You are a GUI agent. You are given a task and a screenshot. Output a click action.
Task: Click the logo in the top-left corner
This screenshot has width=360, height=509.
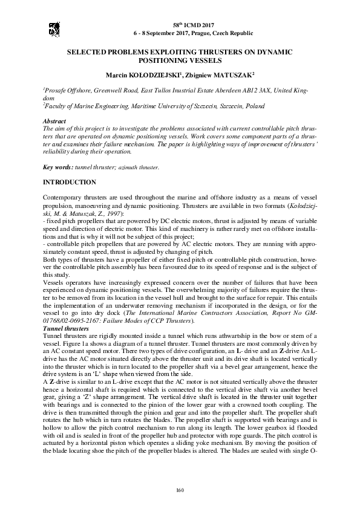point(54,27)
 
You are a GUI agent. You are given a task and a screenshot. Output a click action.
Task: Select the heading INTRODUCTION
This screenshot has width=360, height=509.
point(69,182)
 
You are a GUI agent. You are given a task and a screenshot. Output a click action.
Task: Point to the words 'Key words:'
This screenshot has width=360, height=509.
point(58,167)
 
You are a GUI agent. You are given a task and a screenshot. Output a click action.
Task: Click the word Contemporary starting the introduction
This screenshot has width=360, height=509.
point(65,198)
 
